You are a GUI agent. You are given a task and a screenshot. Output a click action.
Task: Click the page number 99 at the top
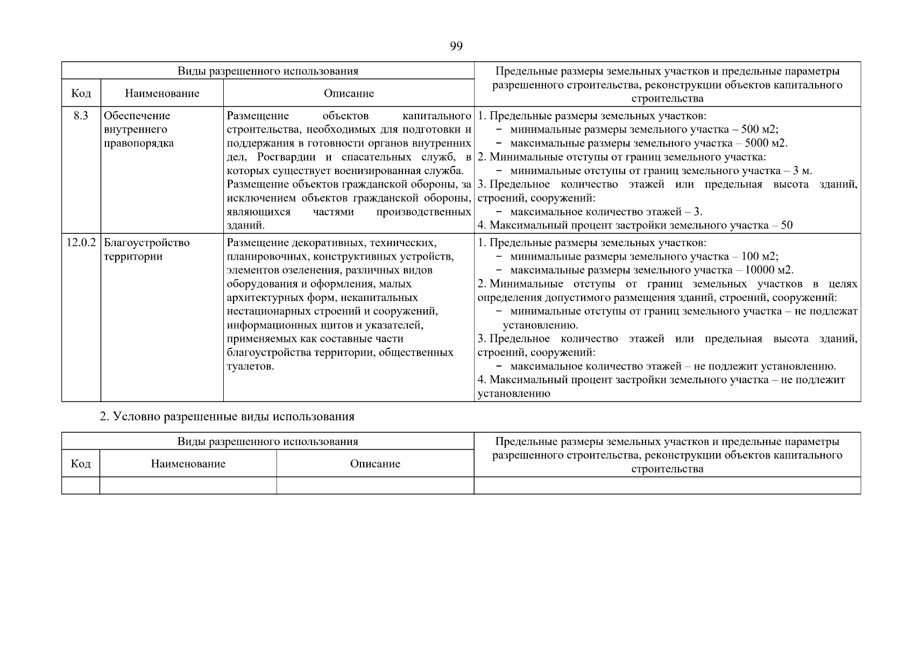[x=456, y=46]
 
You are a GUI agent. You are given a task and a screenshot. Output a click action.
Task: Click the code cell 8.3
[x=81, y=116]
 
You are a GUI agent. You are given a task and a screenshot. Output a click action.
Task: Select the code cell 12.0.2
[x=81, y=242]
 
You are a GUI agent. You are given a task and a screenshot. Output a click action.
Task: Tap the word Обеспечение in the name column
[x=137, y=116]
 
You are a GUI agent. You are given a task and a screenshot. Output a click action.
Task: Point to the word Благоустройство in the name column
[x=146, y=242]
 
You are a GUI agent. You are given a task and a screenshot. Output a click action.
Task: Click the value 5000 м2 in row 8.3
[x=766, y=144]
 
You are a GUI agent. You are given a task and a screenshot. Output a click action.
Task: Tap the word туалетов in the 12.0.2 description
[x=250, y=367]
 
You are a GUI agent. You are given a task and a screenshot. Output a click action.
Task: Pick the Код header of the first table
[x=81, y=94]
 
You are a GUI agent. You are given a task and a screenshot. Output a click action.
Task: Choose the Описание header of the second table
[x=375, y=464]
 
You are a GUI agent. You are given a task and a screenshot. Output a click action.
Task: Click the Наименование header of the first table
[x=162, y=94]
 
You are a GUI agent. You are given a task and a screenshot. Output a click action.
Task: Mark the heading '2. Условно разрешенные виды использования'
[x=227, y=417]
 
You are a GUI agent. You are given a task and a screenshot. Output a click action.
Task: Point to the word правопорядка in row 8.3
[x=139, y=144]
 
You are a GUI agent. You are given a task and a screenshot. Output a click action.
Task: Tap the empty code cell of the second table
[x=81, y=485]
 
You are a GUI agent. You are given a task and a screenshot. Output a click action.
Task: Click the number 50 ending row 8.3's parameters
[x=787, y=225]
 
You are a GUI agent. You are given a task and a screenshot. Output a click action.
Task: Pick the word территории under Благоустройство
[x=133, y=256]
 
